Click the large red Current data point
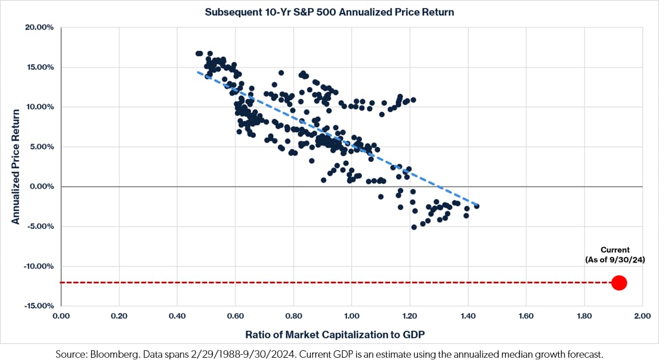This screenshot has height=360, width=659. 619,283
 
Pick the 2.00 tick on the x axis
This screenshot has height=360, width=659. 642,316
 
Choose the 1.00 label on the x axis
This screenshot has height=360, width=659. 352,316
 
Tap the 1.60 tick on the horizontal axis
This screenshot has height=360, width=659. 526,316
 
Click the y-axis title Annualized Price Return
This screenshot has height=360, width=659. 15,167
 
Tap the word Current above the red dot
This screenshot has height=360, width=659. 615,250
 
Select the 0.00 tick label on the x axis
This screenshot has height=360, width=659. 61,316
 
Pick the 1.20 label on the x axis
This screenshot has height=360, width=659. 409,316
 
